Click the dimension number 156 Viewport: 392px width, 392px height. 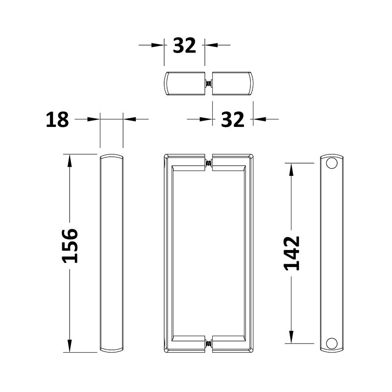click(70, 246)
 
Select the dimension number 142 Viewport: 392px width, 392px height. click(292, 253)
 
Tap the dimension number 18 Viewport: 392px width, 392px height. click(57, 120)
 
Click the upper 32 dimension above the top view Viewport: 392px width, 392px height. click(185, 45)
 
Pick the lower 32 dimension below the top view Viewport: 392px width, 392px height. click(232, 120)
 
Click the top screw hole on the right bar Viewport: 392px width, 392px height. click(332, 163)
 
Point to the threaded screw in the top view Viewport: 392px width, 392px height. click(209, 84)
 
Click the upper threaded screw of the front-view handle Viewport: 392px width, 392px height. click(209, 163)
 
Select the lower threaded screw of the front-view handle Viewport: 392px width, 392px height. click(209, 343)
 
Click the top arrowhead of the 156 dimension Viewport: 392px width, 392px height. click(70, 161)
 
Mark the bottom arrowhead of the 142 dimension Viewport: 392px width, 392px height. click(291, 337)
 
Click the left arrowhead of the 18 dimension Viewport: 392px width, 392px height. click(94, 119)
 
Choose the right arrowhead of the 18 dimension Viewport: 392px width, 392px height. click(129, 119)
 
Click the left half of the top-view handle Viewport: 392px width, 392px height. click(185, 84)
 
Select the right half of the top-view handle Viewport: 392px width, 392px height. click(233, 84)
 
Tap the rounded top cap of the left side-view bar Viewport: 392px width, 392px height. click(112, 156)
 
